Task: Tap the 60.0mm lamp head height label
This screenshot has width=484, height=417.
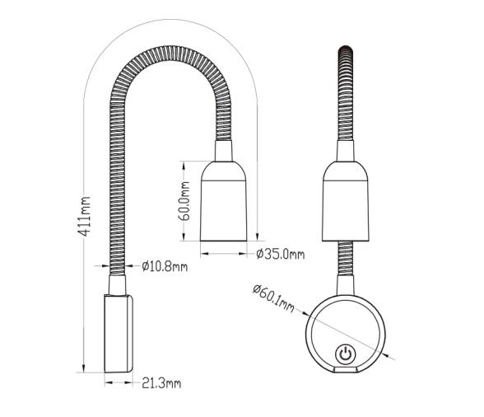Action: coord(186,201)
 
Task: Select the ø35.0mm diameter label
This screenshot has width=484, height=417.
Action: coord(280,254)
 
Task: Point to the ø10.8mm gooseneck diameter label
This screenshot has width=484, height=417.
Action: coord(165,266)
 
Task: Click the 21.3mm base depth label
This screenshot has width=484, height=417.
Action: coord(162,383)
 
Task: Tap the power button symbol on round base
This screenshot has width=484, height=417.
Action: coord(346,356)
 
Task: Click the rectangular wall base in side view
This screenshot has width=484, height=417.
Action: coord(119,334)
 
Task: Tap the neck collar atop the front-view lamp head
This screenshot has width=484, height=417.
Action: coord(346,151)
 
